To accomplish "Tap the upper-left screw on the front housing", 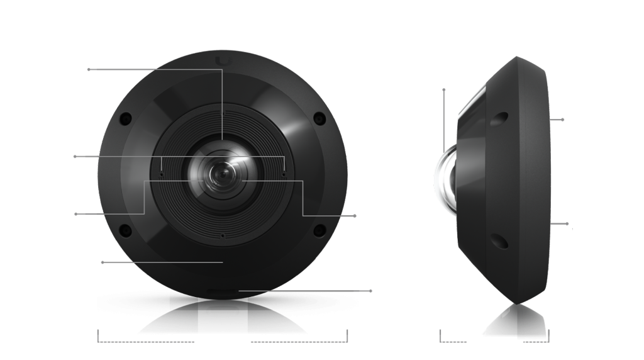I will [x=125, y=118].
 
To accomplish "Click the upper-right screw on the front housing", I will [x=320, y=117].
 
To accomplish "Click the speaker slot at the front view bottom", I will [x=222, y=291].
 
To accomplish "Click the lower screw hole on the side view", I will [x=497, y=239].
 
